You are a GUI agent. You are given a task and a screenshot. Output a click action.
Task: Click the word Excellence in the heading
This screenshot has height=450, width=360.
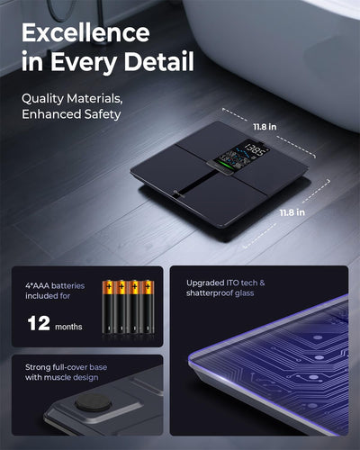(85, 32)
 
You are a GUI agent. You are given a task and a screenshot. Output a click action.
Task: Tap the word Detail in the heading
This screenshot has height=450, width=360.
(159, 61)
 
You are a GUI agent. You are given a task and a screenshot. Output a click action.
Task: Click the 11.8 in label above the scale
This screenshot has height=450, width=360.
(265, 127)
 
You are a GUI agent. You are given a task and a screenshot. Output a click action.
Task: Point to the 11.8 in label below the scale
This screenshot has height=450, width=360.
(292, 212)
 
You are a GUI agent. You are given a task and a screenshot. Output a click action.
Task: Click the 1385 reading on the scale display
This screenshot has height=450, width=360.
(255, 150)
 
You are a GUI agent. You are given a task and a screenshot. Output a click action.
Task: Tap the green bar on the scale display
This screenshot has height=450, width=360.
(227, 164)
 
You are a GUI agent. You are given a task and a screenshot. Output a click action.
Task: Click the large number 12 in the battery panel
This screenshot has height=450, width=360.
(39, 323)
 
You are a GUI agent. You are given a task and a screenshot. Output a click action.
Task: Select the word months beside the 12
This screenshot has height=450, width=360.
(68, 327)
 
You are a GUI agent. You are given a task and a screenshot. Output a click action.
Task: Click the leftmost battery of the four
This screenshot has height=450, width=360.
(108, 307)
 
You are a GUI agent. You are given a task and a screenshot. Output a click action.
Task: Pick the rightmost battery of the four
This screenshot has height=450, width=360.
(148, 307)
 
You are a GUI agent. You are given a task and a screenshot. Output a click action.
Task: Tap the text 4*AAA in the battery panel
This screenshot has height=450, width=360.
(38, 285)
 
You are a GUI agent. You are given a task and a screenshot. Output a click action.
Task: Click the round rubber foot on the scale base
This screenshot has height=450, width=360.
(94, 402)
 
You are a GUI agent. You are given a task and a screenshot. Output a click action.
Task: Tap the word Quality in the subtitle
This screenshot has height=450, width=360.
(42, 99)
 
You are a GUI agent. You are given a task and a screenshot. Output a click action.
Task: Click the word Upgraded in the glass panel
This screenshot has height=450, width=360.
(203, 283)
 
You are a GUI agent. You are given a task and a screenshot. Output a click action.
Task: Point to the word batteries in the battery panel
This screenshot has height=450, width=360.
(68, 285)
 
